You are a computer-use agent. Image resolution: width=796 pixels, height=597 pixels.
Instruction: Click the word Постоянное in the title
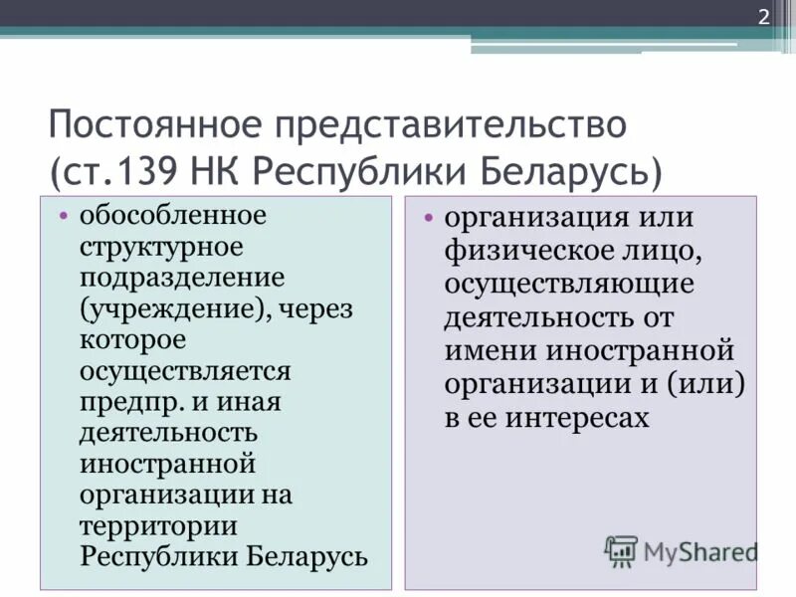click(x=159, y=126)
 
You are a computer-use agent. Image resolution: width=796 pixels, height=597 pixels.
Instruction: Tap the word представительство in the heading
click(x=453, y=126)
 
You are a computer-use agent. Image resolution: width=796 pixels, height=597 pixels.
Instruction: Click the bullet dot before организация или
click(x=428, y=218)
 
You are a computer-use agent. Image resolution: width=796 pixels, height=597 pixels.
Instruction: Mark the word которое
click(x=133, y=340)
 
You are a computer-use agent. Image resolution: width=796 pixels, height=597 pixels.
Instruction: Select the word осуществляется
click(x=185, y=371)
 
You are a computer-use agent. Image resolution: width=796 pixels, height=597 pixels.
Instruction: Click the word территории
click(x=159, y=526)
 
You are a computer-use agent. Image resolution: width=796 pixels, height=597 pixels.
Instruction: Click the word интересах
click(x=577, y=418)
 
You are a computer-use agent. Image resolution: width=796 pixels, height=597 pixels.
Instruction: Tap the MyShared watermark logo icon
click(x=621, y=550)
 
